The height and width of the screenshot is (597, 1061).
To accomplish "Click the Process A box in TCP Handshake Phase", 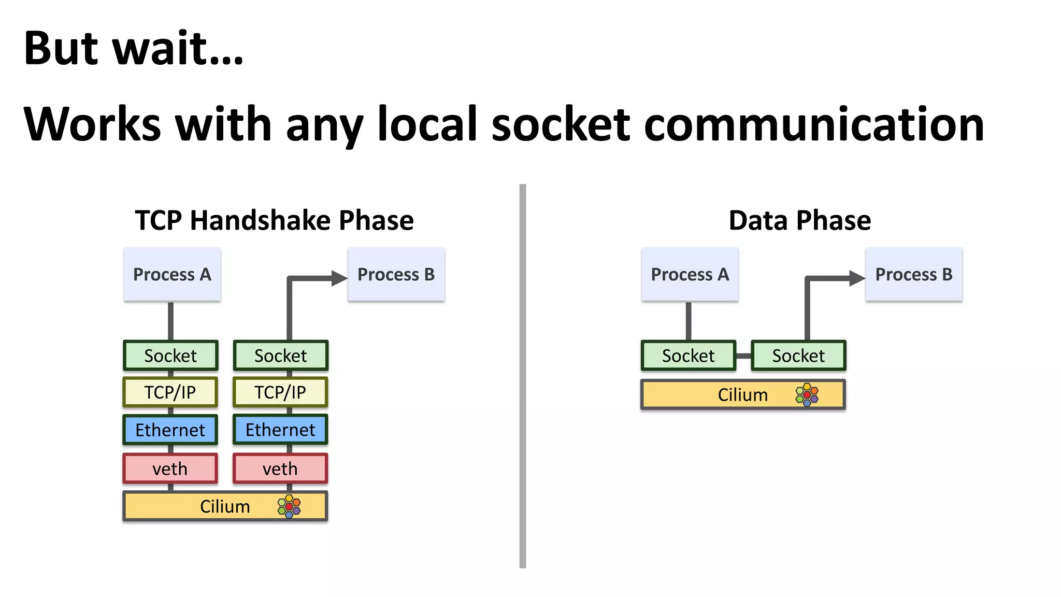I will point(172,274).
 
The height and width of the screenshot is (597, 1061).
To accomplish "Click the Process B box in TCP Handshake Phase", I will point(396,274).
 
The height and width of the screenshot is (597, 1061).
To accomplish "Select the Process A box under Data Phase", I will point(690,274).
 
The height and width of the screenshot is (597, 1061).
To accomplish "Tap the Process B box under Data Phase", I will point(913,274).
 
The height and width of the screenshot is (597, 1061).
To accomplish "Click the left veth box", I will point(170,468).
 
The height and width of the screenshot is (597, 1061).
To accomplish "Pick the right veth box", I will point(280,468).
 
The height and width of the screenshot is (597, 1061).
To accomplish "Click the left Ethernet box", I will point(170,430).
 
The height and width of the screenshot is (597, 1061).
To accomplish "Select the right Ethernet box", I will point(280,430).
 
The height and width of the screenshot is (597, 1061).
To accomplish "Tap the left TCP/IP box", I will point(170,392).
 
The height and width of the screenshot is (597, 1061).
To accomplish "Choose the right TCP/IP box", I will point(280,392).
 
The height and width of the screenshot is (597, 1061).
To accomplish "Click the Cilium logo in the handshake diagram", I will point(289,506).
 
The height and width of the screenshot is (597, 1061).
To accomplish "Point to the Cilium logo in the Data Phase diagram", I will point(807,395).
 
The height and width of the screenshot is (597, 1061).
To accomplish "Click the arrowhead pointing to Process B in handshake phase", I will point(339,278).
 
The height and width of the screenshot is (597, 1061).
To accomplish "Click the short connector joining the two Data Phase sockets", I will point(743,356).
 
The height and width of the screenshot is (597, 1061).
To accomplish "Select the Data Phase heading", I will point(799,220).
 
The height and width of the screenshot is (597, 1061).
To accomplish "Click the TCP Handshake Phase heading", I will point(274,220).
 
